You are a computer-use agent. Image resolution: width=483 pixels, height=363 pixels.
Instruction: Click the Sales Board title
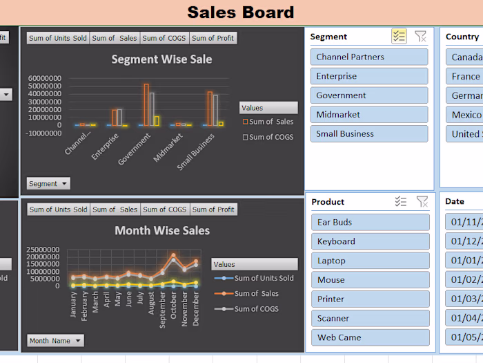(x=241, y=12)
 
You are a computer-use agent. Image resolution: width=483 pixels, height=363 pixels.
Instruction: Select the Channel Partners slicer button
(x=368, y=57)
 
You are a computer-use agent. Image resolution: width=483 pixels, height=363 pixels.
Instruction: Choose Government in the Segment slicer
(x=368, y=95)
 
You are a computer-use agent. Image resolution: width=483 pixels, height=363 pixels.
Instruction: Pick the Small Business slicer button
(x=368, y=134)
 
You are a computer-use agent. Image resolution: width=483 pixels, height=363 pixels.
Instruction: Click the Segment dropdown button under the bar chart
(x=48, y=184)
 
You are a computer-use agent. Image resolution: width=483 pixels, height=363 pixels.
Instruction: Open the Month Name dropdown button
(x=55, y=341)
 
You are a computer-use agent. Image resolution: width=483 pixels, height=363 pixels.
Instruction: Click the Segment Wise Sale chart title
(x=161, y=59)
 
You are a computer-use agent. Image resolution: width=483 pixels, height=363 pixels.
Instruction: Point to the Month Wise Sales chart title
(x=162, y=230)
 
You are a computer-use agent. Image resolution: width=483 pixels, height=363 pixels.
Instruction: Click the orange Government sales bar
(x=146, y=104)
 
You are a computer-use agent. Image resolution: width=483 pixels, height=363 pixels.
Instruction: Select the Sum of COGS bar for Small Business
(x=215, y=111)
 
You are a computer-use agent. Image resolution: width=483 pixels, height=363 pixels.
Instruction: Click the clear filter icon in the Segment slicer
(x=420, y=37)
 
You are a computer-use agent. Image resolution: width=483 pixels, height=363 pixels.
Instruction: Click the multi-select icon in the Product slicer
(x=401, y=202)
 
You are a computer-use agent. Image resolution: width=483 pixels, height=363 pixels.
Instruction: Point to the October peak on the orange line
(x=173, y=256)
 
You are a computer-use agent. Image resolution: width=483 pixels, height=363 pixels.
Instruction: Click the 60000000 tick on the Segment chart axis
(x=44, y=78)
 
